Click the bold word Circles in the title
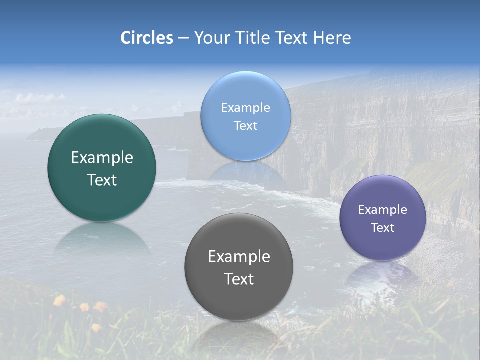coord(147,38)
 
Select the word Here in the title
coord(332,38)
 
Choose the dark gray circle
coord(239,300)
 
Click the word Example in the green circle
coord(102,158)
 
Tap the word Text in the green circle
coord(102,180)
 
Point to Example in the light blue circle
coord(245,108)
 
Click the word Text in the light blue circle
coord(245,126)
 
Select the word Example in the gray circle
coord(239,257)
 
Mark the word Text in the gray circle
coord(239,279)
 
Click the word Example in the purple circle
coord(382,210)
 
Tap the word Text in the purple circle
coord(382,228)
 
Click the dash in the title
coord(183,38)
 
